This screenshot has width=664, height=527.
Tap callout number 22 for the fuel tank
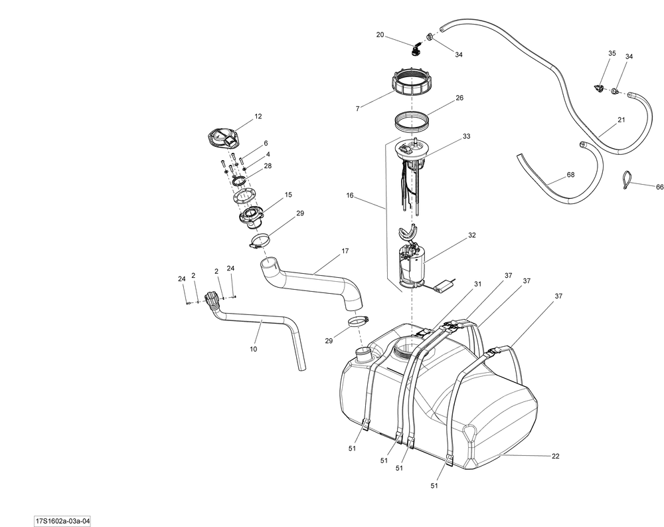pyautogui.click(x=556, y=456)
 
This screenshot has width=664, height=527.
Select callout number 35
pyautogui.click(x=612, y=53)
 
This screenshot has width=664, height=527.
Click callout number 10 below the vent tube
pyautogui.click(x=253, y=348)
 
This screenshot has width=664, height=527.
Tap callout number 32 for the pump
pyautogui.click(x=472, y=235)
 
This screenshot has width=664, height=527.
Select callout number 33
pyautogui.click(x=466, y=136)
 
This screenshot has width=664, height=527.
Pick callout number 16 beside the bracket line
pyautogui.click(x=350, y=196)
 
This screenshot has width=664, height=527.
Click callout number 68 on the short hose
pyautogui.click(x=570, y=175)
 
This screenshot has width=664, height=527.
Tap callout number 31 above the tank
pyautogui.click(x=477, y=284)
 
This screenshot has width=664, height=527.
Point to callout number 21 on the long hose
pyautogui.click(x=621, y=120)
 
